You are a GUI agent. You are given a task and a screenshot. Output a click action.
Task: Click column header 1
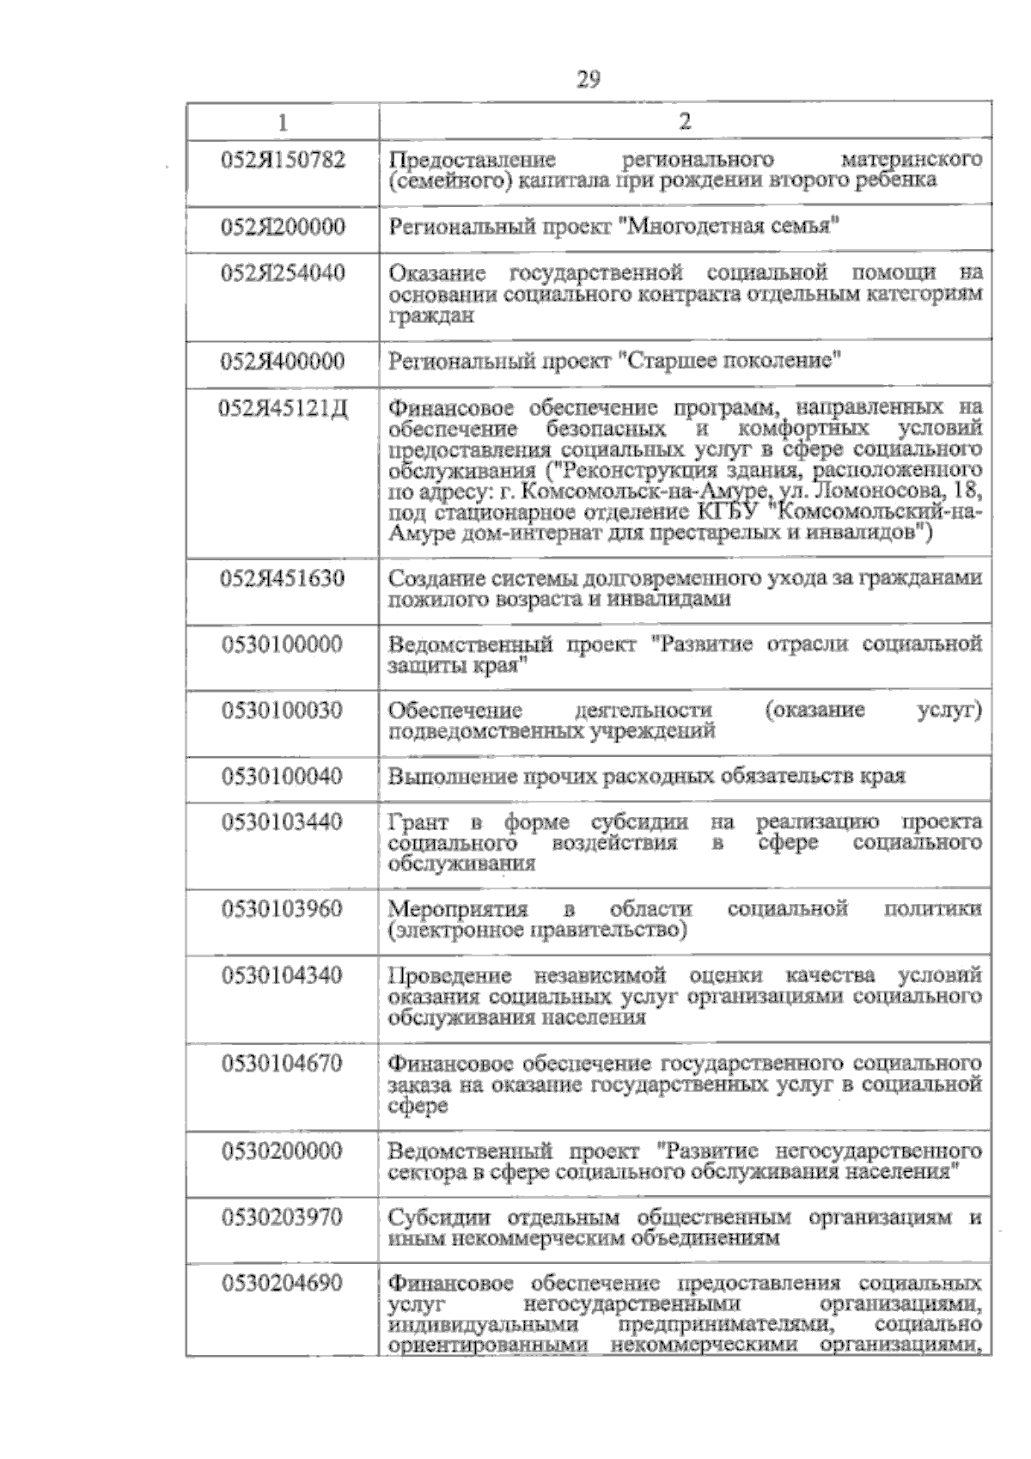click(x=284, y=122)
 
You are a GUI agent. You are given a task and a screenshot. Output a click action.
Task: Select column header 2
click(x=685, y=121)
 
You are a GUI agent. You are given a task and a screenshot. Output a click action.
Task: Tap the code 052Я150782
click(x=284, y=160)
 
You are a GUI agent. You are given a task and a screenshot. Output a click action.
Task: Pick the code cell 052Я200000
click(x=284, y=227)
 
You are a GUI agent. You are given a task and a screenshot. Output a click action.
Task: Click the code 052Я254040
click(x=284, y=273)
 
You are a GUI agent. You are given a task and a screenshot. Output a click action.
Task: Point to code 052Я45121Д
click(x=284, y=406)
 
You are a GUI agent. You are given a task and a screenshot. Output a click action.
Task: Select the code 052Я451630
click(x=284, y=578)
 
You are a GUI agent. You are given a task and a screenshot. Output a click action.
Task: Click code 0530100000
click(x=283, y=644)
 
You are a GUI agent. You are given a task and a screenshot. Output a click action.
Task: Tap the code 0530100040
click(x=283, y=777)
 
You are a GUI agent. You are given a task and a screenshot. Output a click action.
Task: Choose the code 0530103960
click(x=283, y=909)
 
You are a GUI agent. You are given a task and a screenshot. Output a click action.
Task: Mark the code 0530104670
click(x=283, y=1064)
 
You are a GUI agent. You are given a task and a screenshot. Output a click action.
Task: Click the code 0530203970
click(x=283, y=1218)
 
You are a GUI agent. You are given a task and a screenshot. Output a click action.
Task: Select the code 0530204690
click(x=283, y=1284)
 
